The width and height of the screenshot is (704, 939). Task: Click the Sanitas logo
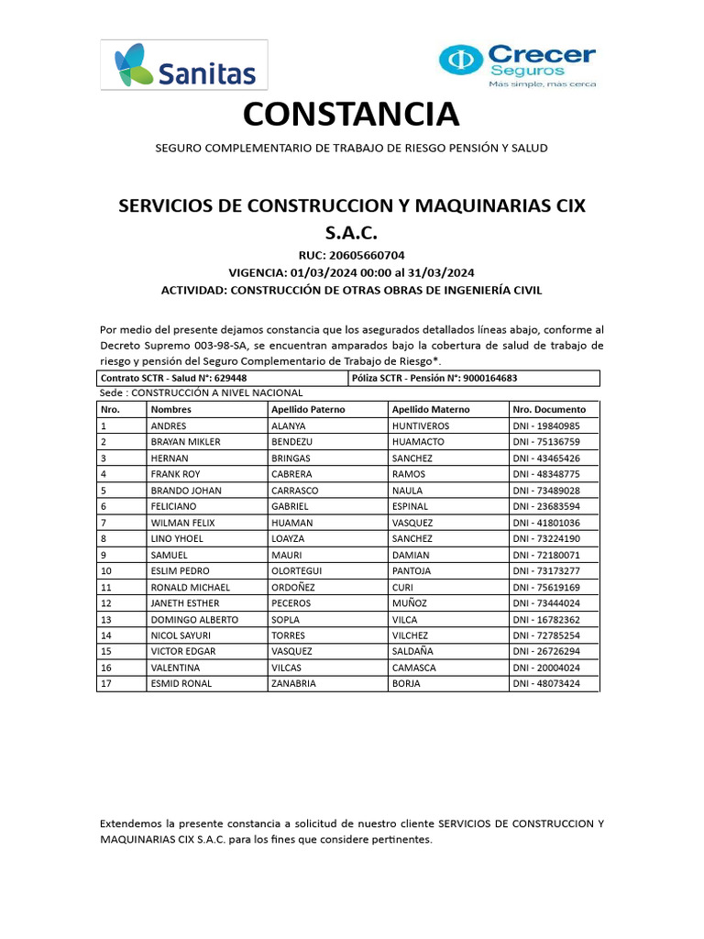tap(184, 64)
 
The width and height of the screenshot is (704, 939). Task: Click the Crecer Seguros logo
tap(517, 65)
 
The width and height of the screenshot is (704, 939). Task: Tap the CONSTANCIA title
tap(351, 116)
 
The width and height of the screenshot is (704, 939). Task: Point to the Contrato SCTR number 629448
tap(230, 378)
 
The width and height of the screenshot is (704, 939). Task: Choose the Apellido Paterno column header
tap(308, 410)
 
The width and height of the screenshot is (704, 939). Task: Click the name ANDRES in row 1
tap(169, 426)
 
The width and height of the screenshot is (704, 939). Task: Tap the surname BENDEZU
tap(292, 442)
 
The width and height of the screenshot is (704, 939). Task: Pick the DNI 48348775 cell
tap(546, 474)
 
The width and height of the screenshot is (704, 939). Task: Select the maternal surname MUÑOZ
tap(409, 603)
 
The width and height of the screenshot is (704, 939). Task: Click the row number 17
tap(106, 684)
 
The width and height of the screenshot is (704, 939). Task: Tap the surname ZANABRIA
tap(293, 684)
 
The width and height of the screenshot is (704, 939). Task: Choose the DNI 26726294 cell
tap(546, 652)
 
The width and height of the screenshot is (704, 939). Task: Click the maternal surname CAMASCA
tap(413, 668)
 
